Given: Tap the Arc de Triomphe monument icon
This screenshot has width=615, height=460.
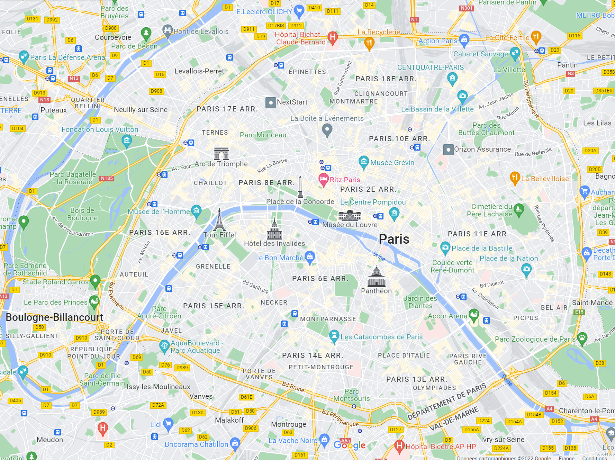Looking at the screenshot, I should pos(221,153).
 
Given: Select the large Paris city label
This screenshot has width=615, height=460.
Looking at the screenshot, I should pos(394,239).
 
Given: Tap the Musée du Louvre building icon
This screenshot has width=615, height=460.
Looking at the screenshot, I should pos(350,215).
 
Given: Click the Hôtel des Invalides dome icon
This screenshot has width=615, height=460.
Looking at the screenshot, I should pos(274,229).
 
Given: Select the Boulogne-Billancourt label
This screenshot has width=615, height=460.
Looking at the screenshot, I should pos(54,317).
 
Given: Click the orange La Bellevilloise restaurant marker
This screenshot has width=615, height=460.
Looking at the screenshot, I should pos(515,178).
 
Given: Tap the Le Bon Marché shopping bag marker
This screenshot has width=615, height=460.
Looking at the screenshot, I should pos(310,257).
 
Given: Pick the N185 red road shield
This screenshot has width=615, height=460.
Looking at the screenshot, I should pos(107,178).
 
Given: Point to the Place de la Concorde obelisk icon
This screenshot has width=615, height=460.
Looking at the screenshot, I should pos(300,187).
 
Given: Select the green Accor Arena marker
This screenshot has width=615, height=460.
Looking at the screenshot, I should pos(474,315).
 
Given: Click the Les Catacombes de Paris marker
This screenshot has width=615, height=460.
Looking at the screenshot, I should pos(334,336).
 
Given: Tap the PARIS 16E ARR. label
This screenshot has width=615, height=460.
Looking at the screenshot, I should pos(160,233).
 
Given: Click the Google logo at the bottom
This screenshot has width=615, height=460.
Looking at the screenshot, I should pos(349,445).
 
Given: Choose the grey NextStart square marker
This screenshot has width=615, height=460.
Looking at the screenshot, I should pos(271,102).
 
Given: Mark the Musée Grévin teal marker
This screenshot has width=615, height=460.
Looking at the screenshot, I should pos(363,162).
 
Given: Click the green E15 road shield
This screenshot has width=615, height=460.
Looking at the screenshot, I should pos(579,312).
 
